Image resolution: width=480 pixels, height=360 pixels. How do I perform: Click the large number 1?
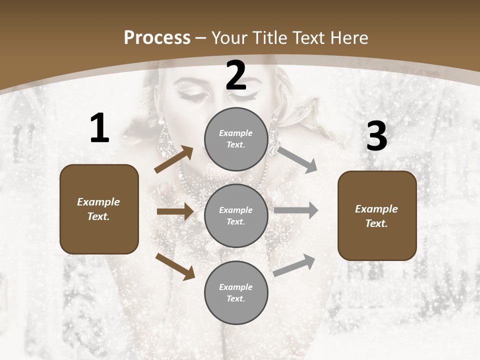pyautogui.click(x=99, y=128)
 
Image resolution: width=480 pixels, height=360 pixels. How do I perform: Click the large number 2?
pyautogui.click(x=236, y=75)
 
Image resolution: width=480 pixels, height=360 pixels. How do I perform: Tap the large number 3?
pyautogui.click(x=376, y=136)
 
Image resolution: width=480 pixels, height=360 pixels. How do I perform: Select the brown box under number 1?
pyautogui.click(x=99, y=209)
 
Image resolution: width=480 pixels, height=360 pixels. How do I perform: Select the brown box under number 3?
pyautogui.click(x=377, y=215)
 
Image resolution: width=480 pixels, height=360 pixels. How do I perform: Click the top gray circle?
pyautogui.click(x=236, y=139)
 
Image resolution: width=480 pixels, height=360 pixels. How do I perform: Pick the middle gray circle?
pyautogui.click(x=236, y=215)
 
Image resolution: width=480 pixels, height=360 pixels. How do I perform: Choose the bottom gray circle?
pyautogui.click(x=236, y=292)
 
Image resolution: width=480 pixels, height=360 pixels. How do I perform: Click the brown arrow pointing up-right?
pyautogui.click(x=174, y=159)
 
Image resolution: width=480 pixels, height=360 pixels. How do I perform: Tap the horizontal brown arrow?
pyautogui.click(x=175, y=211)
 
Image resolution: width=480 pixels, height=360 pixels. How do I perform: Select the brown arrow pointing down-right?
pyautogui.click(x=175, y=266)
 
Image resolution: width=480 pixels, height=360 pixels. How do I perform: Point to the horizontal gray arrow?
pyautogui.click(x=296, y=210)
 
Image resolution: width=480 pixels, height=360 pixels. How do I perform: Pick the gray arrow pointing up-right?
pyautogui.click(x=294, y=265)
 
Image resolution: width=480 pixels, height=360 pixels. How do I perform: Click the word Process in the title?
pyautogui.click(x=157, y=38)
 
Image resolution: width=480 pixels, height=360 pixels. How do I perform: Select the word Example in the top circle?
pyautogui.click(x=235, y=133)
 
